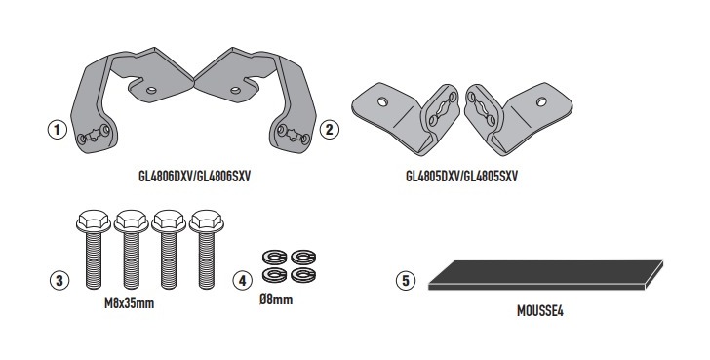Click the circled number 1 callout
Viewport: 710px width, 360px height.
pyautogui.click(x=57, y=130)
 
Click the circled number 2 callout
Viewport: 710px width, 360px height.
pyautogui.click(x=330, y=130)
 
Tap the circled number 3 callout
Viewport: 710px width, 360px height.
pyautogui.click(x=59, y=280)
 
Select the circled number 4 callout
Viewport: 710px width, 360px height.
pyautogui.click(x=242, y=281)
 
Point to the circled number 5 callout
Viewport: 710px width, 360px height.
pyautogui.click(x=406, y=280)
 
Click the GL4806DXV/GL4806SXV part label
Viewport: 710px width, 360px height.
pyautogui.click(x=194, y=177)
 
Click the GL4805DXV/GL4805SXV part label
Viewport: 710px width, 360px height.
pyautogui.click(x=461, y=177)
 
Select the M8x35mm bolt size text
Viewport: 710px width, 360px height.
pyautogui.click(x=130, y=303)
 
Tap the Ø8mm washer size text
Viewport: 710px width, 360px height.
pyautogui.click(x=276, y=300)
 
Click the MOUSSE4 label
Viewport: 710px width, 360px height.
pyautogui.click(x=540, y=311)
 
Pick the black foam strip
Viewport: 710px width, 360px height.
pyautogui.click(x=545, y=274)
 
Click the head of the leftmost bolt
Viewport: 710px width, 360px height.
pyautogui.click(x=94, y=221)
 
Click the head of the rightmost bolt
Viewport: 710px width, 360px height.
pyautogui.click(x=207, y=221)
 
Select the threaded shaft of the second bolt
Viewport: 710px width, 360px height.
pyautogui.click(x=132, y=260)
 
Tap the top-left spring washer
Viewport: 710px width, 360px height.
pyautogui.click(x=274, y=258)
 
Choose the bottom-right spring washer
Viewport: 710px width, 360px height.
pyautogui.click(x=303, y=275)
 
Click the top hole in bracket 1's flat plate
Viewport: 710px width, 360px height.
pyautogui.click(x=151, y=90)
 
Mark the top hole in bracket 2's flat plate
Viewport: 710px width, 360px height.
pyautogui.click(x=235, y=90)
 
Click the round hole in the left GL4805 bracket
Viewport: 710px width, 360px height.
pyautogui.click(x=382, y=101)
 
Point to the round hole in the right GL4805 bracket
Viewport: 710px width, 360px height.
pyautogui.click(x=541, y=101)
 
